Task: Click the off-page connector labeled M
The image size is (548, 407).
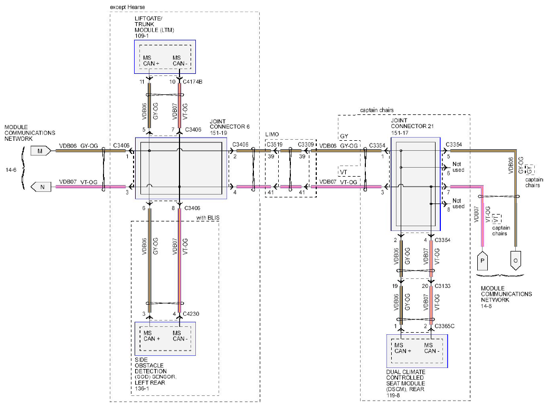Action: point(41,151)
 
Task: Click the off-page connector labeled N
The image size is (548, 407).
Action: point(41,187)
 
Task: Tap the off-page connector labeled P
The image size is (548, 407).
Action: point(483,260)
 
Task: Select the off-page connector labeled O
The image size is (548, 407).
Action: point(515,260)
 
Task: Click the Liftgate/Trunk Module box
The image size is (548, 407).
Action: point(165,57)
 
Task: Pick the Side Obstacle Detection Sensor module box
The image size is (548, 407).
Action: point(165,338)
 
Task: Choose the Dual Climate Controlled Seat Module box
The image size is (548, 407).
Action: point(417,351)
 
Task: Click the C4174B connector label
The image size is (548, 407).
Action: point(193,82)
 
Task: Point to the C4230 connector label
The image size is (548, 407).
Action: point(191,314)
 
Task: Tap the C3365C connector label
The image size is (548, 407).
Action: point(445,326)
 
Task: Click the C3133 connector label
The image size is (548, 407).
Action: point(442,286)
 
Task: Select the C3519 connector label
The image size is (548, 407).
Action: point(275,144)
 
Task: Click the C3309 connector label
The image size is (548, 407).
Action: point(306,144)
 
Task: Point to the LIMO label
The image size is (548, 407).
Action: point(272,134)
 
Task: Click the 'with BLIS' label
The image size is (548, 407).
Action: point(208,218)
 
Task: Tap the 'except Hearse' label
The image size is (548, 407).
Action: point(127,7)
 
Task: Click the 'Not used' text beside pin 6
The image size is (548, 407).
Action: point(458,167)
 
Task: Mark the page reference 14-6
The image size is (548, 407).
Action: point(11,170)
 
